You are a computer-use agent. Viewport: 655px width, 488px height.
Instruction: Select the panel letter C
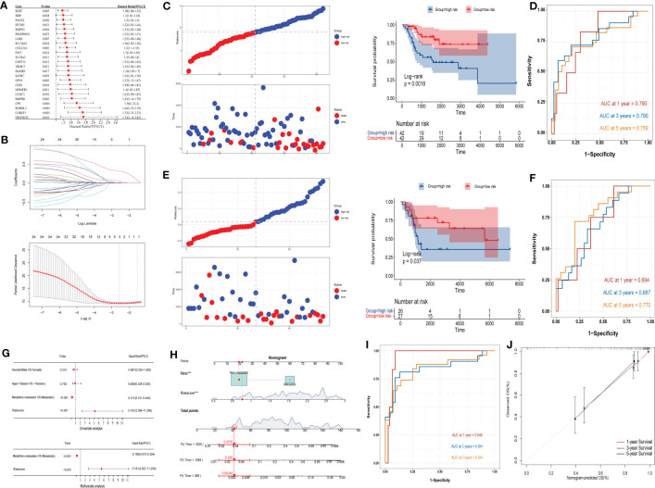tap(167, 6)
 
